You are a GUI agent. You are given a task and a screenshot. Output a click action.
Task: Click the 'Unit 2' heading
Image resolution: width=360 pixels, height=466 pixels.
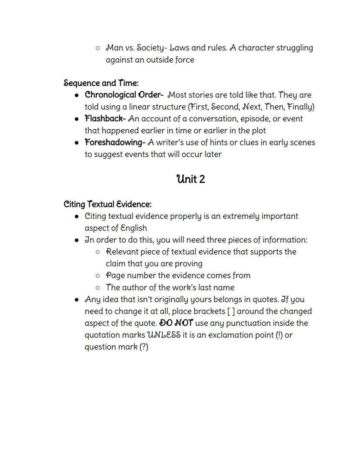point(190,179)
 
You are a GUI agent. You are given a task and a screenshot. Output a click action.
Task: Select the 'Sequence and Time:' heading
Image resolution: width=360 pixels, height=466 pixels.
point(101,83)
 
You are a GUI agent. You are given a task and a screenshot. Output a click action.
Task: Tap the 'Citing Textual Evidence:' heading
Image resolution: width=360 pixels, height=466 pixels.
point(107,204)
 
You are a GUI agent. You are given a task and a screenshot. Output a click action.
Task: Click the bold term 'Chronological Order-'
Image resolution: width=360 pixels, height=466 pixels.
point(124,95)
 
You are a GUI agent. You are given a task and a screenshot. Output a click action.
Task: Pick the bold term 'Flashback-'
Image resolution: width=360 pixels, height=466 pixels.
point(105,119)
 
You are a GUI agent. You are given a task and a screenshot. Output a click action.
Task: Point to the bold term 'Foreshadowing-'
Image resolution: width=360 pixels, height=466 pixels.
point(115,142)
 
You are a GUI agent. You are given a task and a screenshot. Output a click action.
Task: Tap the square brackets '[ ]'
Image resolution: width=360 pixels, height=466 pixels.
point(231,312)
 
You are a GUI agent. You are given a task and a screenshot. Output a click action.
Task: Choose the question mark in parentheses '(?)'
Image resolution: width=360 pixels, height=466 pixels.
point(143,347)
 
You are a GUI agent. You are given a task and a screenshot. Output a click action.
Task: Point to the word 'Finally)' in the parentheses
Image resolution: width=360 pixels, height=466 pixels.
point(301,107)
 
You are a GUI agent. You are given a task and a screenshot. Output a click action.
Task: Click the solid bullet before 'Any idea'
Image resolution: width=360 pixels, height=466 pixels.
point(77,300)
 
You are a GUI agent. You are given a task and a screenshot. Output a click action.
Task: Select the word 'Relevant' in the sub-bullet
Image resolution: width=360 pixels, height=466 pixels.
point(122,252)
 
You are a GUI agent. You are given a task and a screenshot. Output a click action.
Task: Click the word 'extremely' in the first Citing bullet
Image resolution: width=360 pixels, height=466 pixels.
point(241,216)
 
